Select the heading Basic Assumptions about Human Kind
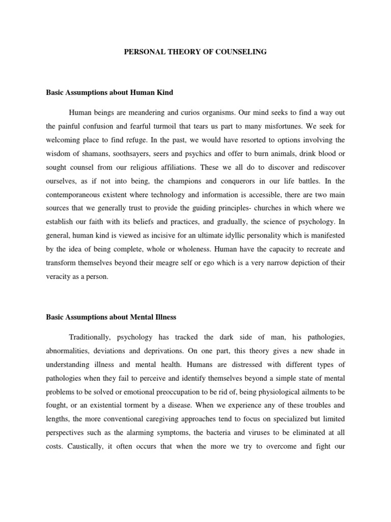(x=109, y=93)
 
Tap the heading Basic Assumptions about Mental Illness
(x=111, y=317)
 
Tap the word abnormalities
(x=70, y=351)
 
